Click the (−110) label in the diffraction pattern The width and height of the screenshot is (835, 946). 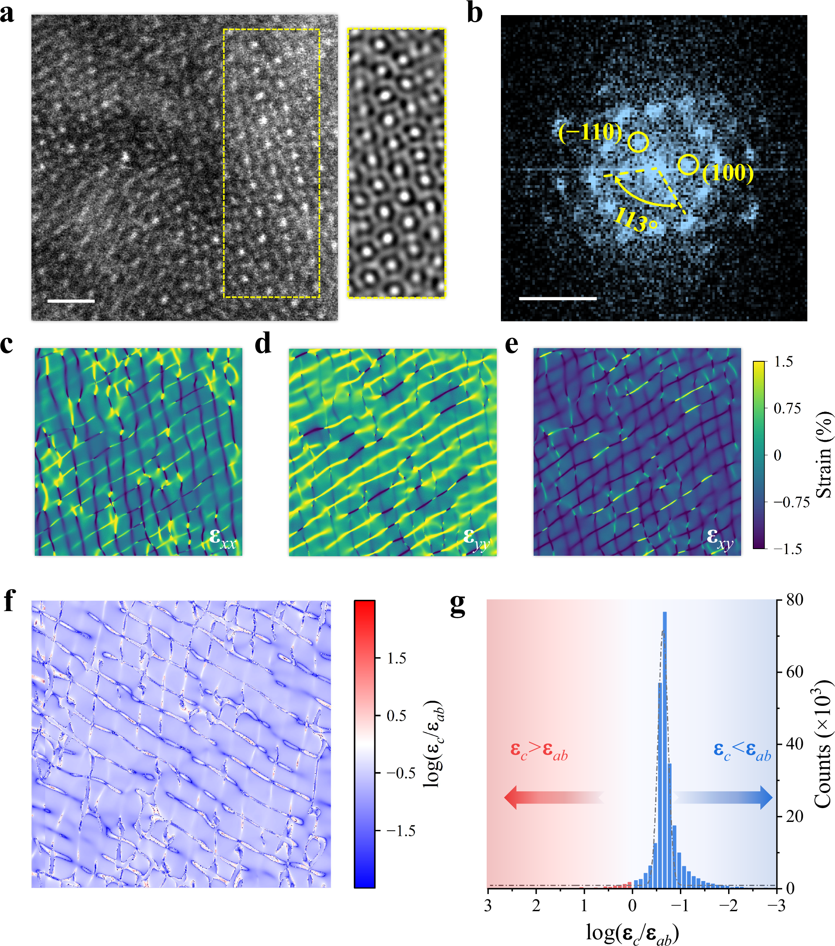(x=590, y=133)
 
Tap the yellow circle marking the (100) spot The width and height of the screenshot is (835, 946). (x=688, y=164)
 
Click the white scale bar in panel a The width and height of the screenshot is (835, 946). (x=71, y=301)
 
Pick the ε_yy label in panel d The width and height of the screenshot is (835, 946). (x=476, y=538)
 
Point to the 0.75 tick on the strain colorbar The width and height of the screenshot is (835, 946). (x=787, y=408)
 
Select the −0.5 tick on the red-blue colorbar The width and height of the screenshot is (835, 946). (x=400, y=773)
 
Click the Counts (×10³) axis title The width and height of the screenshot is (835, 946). (x=822, y=744)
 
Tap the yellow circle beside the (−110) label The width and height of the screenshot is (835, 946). (x=638, y=142)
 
